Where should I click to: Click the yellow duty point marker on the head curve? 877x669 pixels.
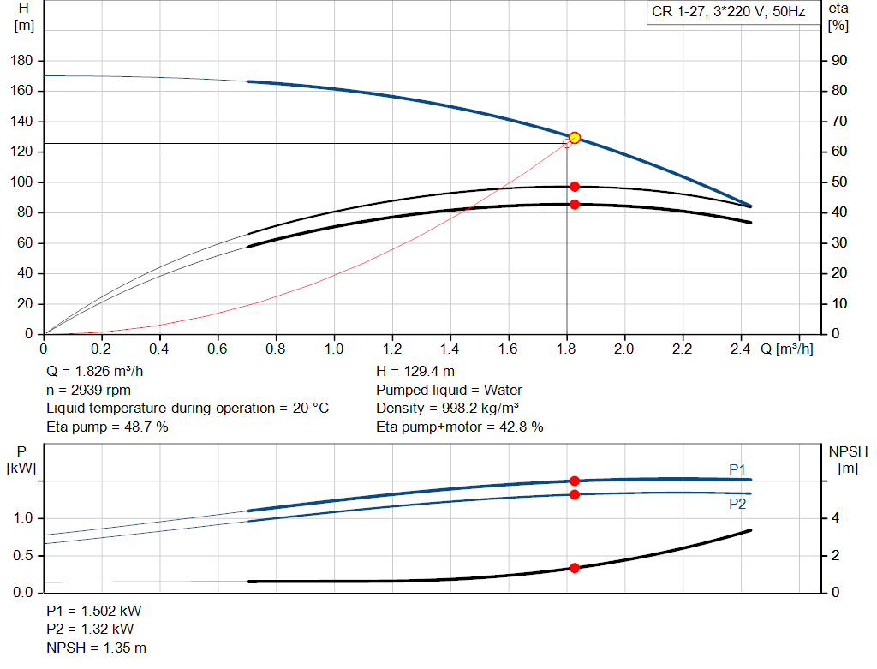coord(575,138)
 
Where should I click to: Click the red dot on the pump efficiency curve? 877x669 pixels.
coord(575,187)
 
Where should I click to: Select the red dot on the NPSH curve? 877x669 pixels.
coord(575,568)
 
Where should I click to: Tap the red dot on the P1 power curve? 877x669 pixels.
coord(575,481)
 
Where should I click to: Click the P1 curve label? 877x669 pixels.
coord(737,469)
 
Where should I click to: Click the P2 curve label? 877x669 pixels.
coord(737,505)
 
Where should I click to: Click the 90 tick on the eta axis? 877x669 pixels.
coord(838,61)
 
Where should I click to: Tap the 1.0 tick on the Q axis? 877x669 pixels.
coord(334,349)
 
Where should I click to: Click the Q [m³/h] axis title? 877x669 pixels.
coord(786,349)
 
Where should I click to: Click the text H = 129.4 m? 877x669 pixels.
coord(416,372)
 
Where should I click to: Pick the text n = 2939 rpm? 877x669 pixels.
coord(88,390)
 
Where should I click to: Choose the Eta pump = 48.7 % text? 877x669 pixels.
coord(107,427)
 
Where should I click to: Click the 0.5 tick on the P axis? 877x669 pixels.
coord(23,555)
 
